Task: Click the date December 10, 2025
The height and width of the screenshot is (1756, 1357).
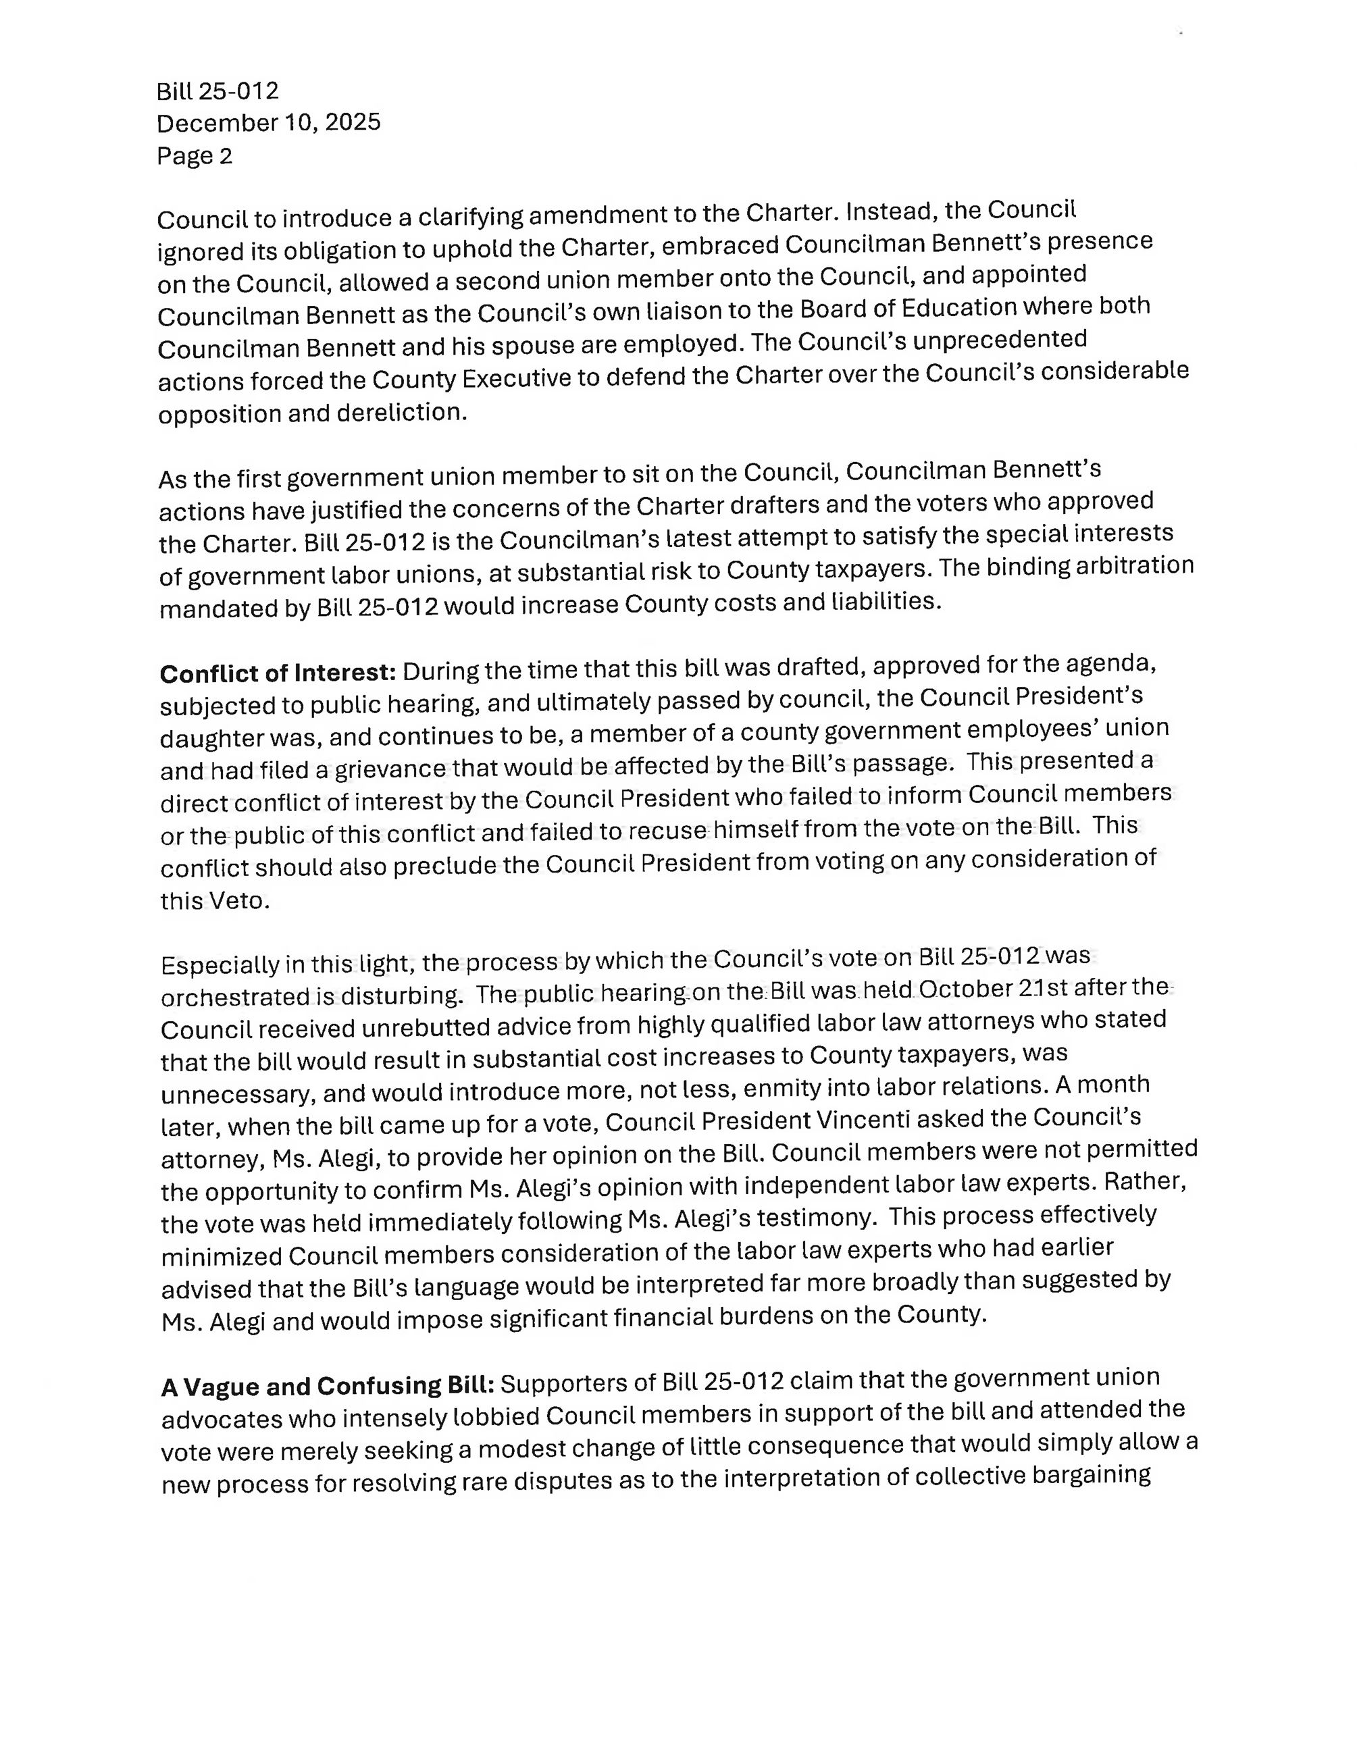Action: point(269,123)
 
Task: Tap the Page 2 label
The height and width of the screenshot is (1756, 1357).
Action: point(195,156)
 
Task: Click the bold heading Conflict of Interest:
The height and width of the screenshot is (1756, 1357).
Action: point(278,672)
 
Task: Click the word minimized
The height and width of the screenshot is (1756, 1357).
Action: point(220,1256)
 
